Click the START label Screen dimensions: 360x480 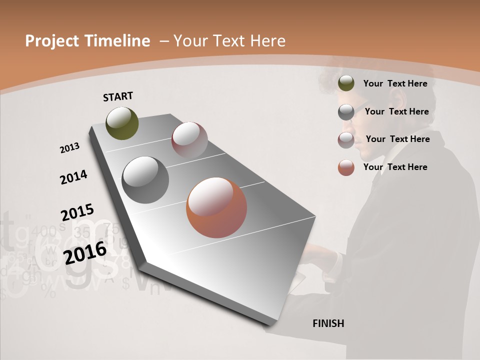pyautogui.click(x=118, y=96)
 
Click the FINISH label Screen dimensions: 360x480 pyautogui.click(x=328, y=323)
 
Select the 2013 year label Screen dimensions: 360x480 pyautogui.click(x=69, y=148)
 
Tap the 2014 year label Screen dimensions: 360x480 pyautogui.click(x=73, y=177)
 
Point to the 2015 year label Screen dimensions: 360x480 pyautogui.click(x=77, y=212)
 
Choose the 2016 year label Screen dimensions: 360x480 pyautogui.click(x=85, y=252)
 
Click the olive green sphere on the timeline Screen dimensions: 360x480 pyautogui.click(x=122, y=123)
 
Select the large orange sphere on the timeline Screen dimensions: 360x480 pyautogui.click(x=216, y=207)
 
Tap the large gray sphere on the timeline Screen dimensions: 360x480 pyautogui.click(x=145, y=180)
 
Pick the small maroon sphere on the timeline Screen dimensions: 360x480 pyautogui.click(x=189, y=140)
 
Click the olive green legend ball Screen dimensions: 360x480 pyautogui.click(x=346, y=83)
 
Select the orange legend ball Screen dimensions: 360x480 pyautogui.click(x=346, y=167)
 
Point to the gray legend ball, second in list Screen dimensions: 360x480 pyautogui.click(x=346, y=112)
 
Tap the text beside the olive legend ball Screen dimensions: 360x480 pyautogui.click(x=395, y=83)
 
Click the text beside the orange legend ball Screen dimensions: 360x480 pyautogui.click(x=395, y=167)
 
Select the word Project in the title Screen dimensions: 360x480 pyautogui.click(x=52, y=41)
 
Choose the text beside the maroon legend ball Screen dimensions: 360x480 pyautogui.click(x=397, y=139)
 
